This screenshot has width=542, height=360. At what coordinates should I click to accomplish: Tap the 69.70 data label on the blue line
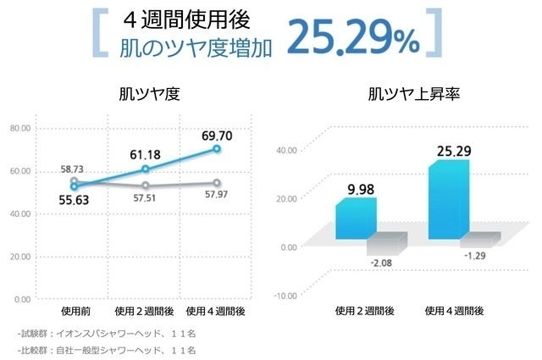[x=217, y=135]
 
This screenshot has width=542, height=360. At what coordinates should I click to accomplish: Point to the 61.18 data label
[x=145, y=155]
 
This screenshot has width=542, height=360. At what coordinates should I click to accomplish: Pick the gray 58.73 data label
[x=74, y=169]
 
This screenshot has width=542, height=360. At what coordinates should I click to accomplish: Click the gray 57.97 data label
[x=217, y=196]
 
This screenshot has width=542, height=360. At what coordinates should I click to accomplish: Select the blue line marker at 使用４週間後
[x=217, y=149]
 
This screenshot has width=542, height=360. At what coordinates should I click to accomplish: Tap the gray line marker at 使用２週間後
[x=146, y=186]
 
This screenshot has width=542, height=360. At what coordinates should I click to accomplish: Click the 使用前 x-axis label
[x=74, y=311]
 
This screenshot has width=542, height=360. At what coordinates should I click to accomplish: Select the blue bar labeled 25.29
[x=449, y=199]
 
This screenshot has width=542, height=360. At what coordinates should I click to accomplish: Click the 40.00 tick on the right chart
[x=287, y=150]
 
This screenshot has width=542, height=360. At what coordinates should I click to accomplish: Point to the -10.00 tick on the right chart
[x=286, y=295]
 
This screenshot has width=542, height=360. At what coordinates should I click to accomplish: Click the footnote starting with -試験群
[x=106, y=334]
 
